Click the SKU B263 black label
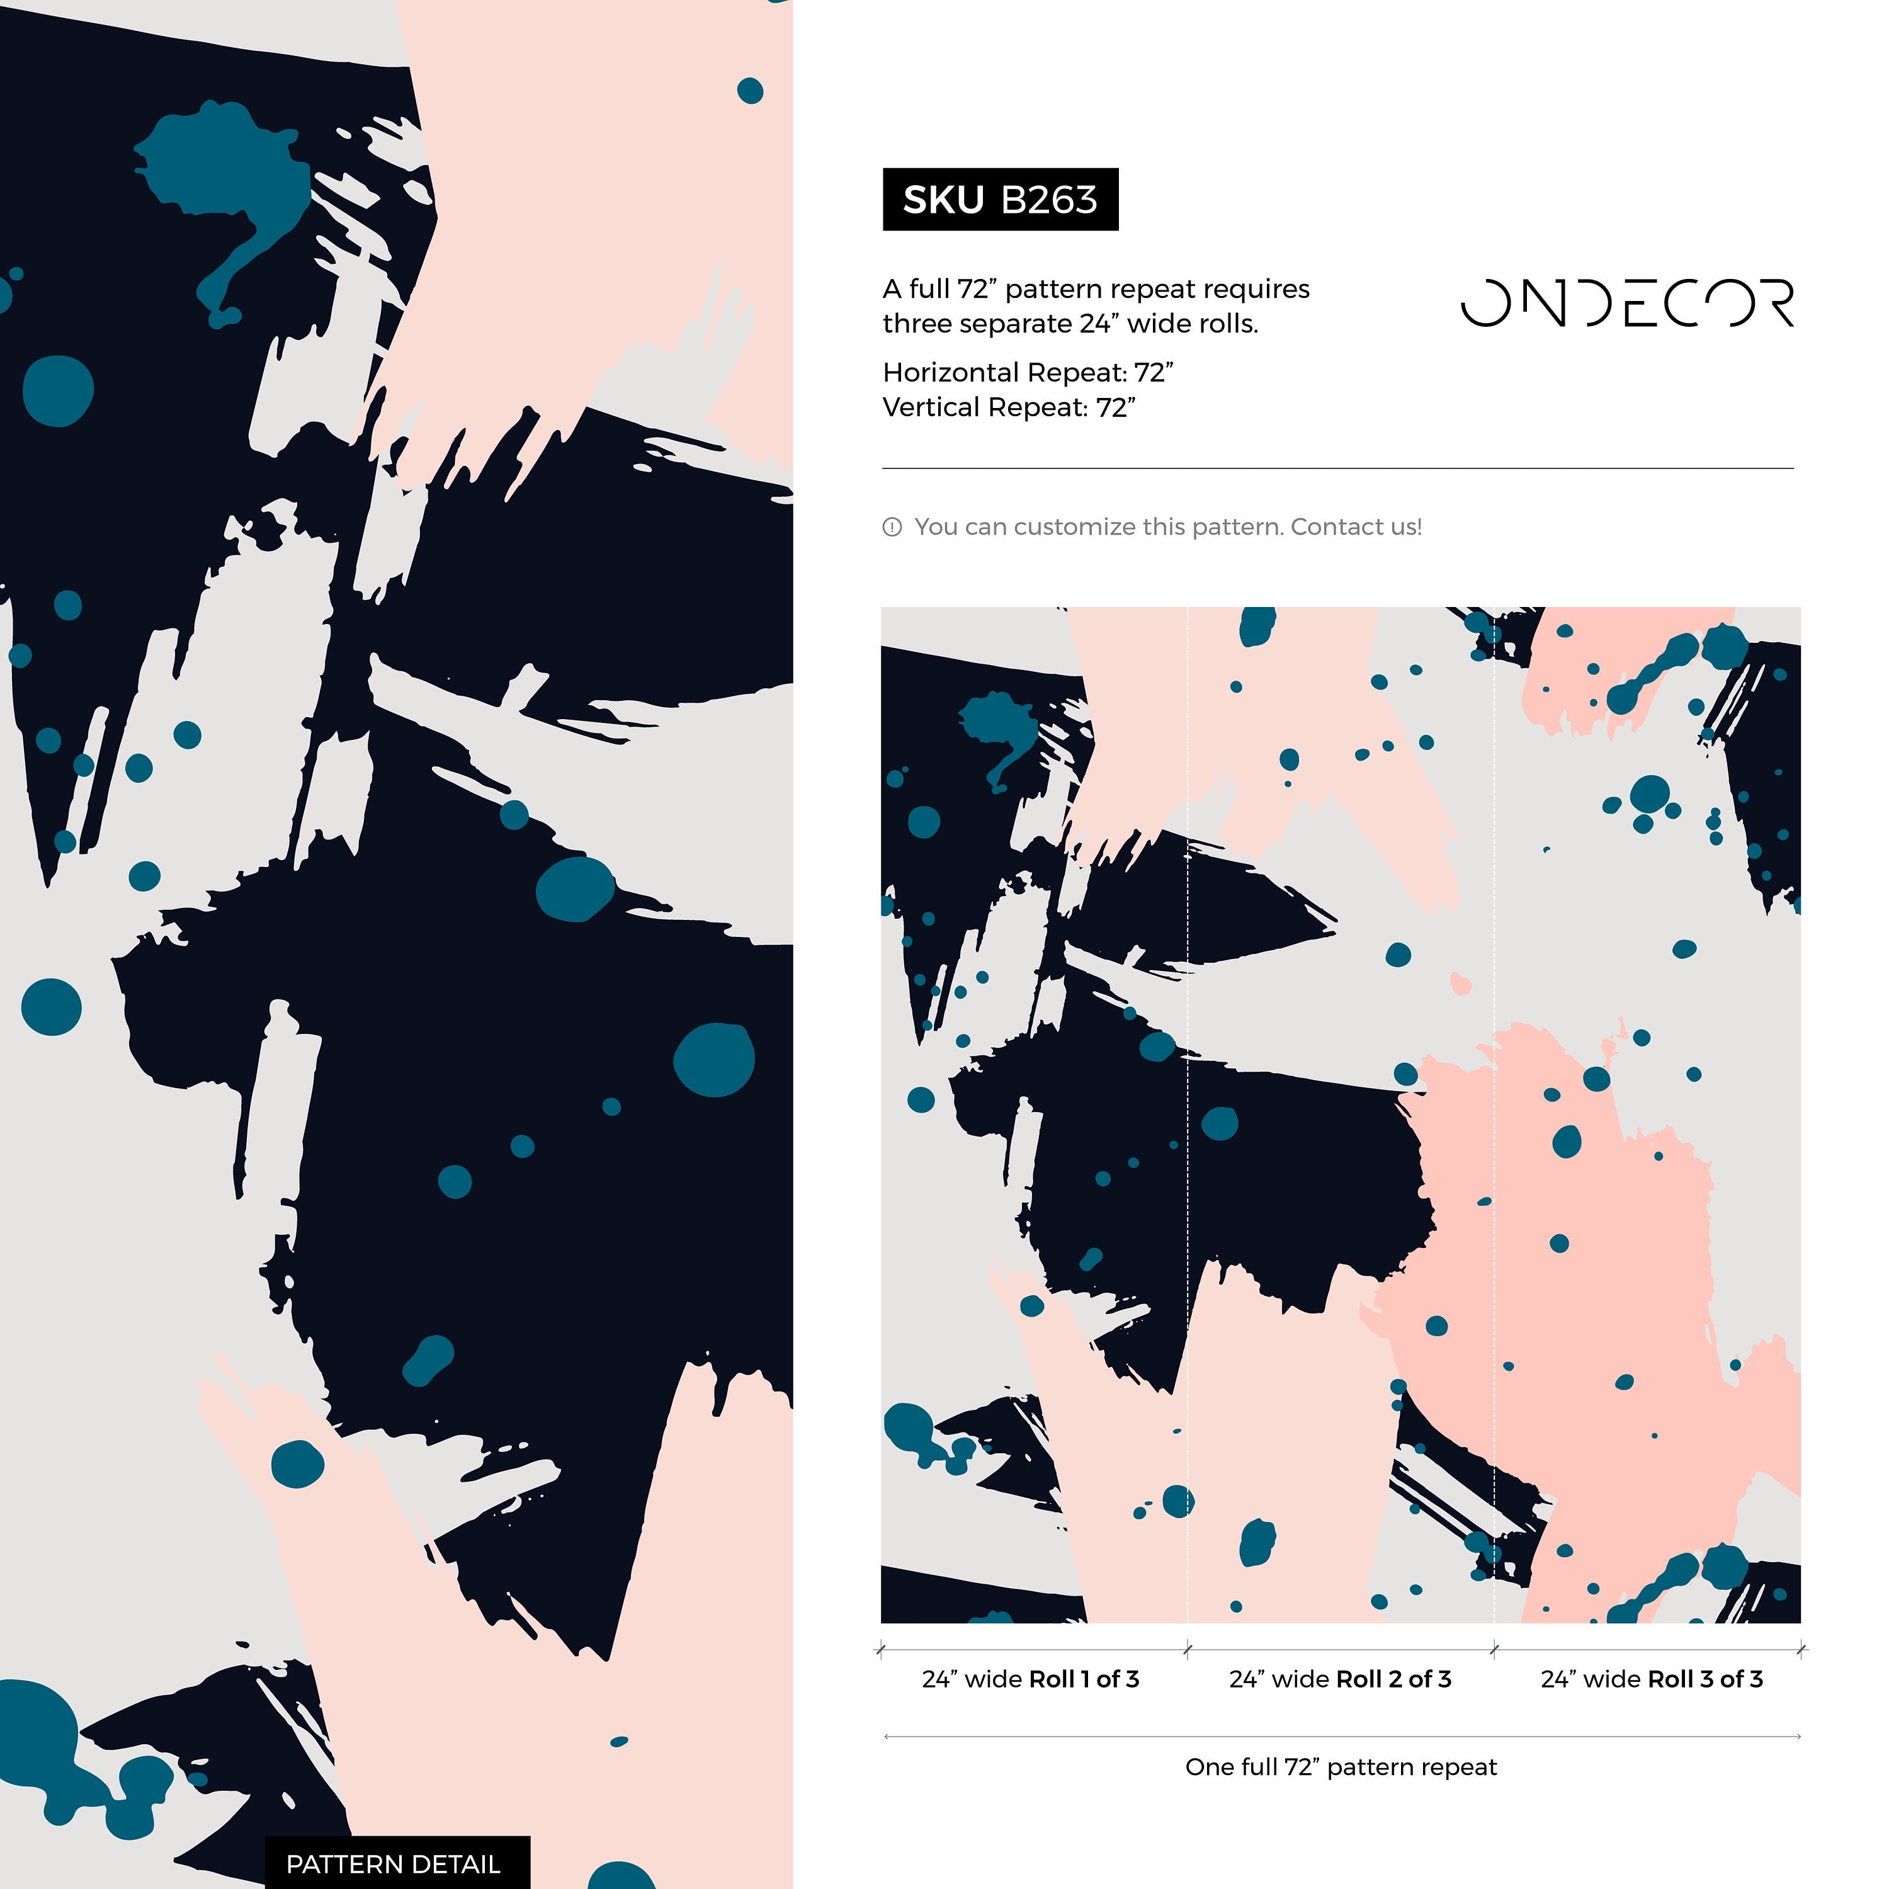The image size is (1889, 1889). point(999,200)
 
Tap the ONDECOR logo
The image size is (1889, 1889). point(1627,302)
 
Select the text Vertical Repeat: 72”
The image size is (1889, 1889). point(1008,408)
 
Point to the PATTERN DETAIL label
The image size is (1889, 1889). point(393,1864)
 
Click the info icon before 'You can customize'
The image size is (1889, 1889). point(892,527)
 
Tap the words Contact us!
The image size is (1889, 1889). point(1356,527)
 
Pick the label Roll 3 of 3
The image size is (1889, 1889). point(1705,1679)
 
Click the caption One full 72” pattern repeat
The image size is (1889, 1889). point(1341,1767)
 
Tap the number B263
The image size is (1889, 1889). point(1049,200)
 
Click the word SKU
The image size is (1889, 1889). point(943,200)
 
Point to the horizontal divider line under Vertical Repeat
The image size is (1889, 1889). point(1337,468)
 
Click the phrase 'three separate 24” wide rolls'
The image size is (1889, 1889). point(1070,324)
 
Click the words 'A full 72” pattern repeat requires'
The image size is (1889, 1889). point(1095,290)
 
